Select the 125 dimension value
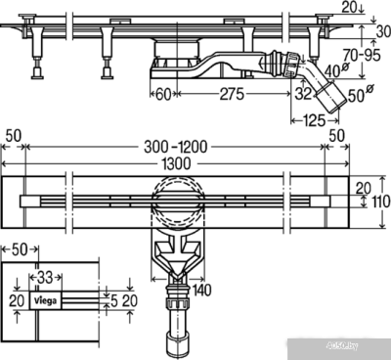pos(315,120)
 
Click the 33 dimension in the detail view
pos(45,279)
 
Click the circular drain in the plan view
pos(176,198)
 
